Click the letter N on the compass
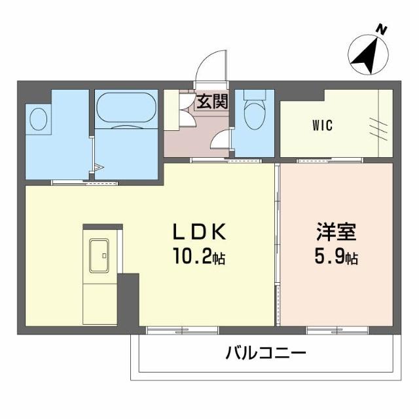click(380, 29)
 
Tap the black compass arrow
click(365, 56)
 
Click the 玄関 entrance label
click(211, 102)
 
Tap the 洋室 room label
click(335, 232)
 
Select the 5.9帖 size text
click(335, 257)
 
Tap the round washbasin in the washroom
click(39, 121)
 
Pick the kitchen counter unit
click(101, 275)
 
